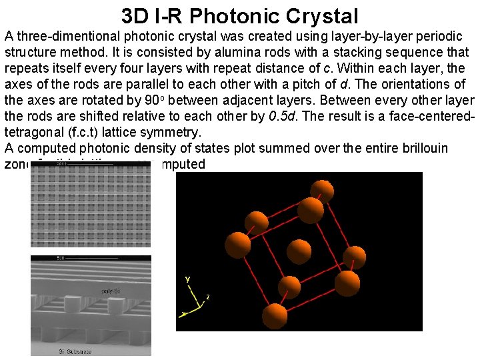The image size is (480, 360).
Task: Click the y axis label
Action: [x=188, y=279]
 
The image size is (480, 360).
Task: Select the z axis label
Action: [x=207, y=297]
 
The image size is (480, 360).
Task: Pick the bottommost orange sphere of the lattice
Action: [x=274, y=313]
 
